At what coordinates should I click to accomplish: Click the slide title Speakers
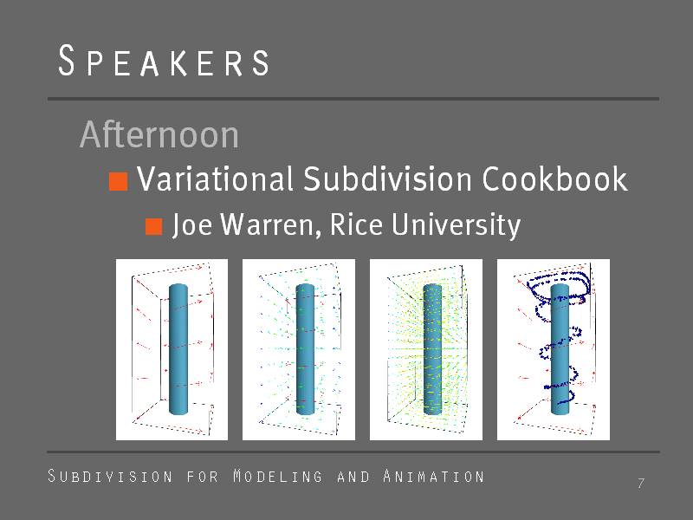tap(164, 61)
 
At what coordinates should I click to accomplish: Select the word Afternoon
tap(159, 134)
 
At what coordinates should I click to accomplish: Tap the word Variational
tap(215, 179)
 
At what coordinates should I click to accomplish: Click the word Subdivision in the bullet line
tap(387, 179)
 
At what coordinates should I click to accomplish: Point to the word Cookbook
tap(554, 179)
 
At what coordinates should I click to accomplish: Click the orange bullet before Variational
tap(119, 181)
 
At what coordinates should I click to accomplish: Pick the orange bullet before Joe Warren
tap(154, 226)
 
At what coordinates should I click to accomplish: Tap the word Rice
tap(356, 224)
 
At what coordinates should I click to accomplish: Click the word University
tap(457, 225)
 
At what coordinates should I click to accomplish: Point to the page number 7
tap(641, 484)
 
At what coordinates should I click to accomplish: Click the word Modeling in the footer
tap(278, 476)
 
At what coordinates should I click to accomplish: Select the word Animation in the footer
tap(434, 476)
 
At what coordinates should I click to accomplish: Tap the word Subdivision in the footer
tap(110, 476)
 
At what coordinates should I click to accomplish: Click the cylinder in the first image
tap(178, 349)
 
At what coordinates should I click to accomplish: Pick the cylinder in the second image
tap(305, 349)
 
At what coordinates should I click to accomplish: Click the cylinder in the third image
tap(432, 349)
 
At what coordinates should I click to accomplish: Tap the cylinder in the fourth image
tap(560, 349)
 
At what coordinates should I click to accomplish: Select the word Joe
tap(192, 224)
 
